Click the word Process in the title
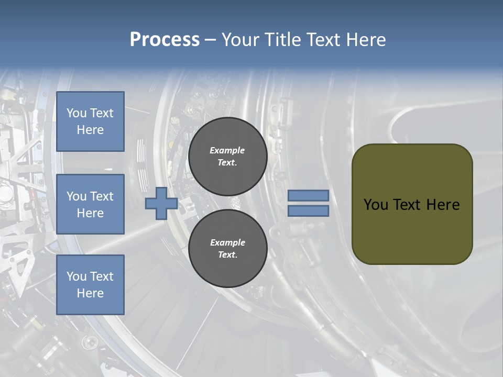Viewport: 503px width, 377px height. tap(165, 40)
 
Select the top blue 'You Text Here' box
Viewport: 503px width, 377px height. tap(90, 121)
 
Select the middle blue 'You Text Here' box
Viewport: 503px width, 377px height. tap(90, 204)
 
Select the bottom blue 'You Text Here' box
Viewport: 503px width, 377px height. tap(90, 285)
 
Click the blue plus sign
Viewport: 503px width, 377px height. tap(161, 203)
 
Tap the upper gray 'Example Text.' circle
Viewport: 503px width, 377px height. tap(227, 156)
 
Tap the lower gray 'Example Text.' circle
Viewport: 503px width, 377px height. tap(227, 248)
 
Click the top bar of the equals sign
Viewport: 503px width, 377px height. tap(308, 195)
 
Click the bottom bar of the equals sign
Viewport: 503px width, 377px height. tap(308, 210)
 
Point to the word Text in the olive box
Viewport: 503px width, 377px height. tap(411, 205)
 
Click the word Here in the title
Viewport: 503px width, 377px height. tap(367, 40)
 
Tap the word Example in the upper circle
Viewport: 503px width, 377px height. tap(227, 150)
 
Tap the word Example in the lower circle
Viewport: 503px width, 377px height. tap(227, 242)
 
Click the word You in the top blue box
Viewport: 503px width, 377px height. tap(76, 113)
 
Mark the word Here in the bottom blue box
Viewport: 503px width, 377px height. tap(90, 293)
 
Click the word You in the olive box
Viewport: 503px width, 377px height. tap(376, 205)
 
